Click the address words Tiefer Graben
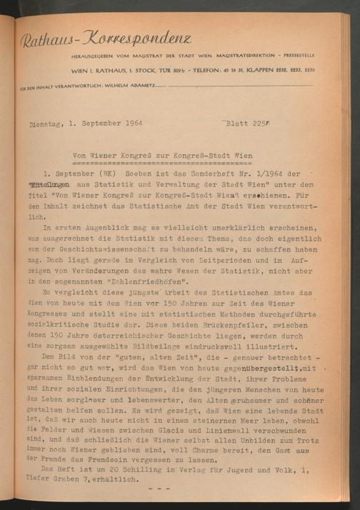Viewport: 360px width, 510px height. (x=52, y=480)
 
